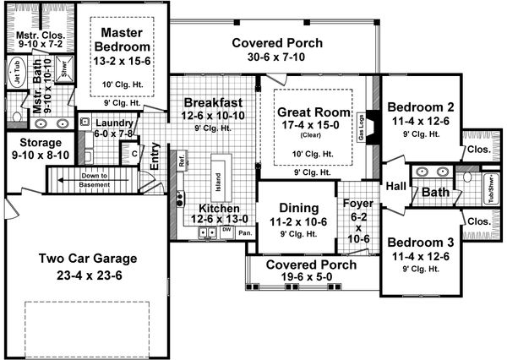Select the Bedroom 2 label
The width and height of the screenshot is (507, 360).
(420, 107)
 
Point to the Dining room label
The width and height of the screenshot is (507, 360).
(297, 208)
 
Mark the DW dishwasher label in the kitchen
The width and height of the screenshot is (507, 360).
(226, 230)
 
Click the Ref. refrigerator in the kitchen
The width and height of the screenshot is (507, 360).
(182, 161)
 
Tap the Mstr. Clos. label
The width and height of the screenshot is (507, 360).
(35, 35)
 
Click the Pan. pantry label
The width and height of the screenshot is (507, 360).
(244, 232)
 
